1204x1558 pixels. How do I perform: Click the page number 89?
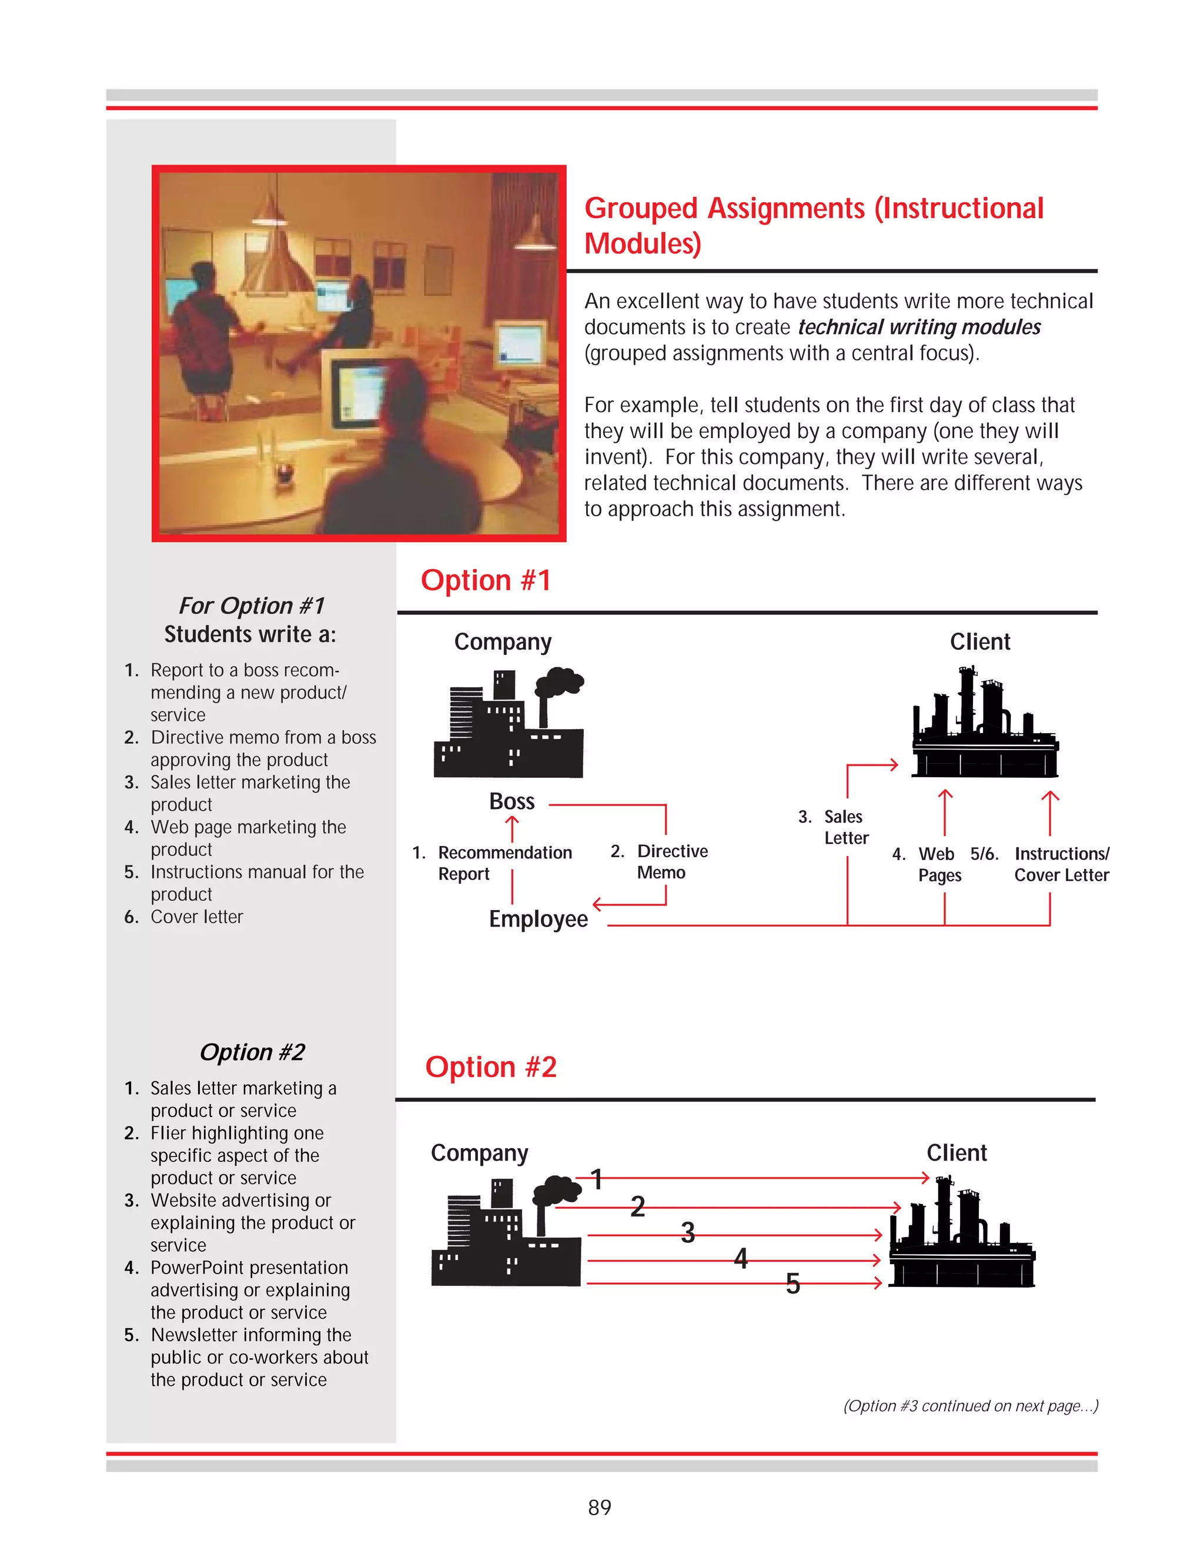pyautogui.click(x=599, y=1507)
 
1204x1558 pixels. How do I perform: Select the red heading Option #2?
pyautogui.click(x=491, y=1066)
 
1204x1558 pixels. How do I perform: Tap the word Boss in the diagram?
pyautogui.click(x=511, y=801)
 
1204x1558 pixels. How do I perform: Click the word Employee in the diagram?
pyautogui.click(x=538, y=919)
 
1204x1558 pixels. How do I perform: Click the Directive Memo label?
pyautogui.click(x=671, y=862)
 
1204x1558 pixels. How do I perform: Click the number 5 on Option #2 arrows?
pyautogui.click(x=792, y=1284)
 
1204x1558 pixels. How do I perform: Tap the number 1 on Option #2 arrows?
pyautogui.click(x=598, y=1179)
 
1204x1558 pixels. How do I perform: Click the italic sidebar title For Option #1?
pyautogui.click(x=251, y=606)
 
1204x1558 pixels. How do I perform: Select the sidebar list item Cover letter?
pyautogui.click(x=196, y=917)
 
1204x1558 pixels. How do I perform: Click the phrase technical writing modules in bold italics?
pyautogui.click(x=919, y=327)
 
